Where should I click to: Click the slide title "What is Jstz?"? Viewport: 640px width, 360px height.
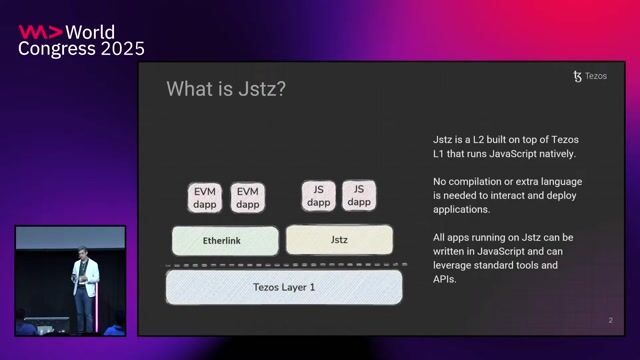point(226,89)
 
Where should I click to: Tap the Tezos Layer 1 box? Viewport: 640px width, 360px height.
point(283,287)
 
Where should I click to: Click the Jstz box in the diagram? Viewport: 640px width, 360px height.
point(339,240)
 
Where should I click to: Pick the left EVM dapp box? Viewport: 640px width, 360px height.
point(205,197)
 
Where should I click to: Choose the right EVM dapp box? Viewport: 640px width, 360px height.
point(248,197)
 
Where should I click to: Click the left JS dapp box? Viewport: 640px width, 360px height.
point(319,195)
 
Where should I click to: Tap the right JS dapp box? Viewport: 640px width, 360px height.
point(360,195)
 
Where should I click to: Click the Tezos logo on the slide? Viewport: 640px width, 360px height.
point(577,76)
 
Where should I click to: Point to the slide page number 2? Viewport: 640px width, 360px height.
point(610,321)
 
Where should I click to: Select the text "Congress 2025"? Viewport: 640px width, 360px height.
point(81,48)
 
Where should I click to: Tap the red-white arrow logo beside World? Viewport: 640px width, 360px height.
point(36,31)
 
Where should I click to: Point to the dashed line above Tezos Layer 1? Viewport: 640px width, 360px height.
point(283,265)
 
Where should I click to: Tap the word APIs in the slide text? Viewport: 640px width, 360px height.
point(445,279)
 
